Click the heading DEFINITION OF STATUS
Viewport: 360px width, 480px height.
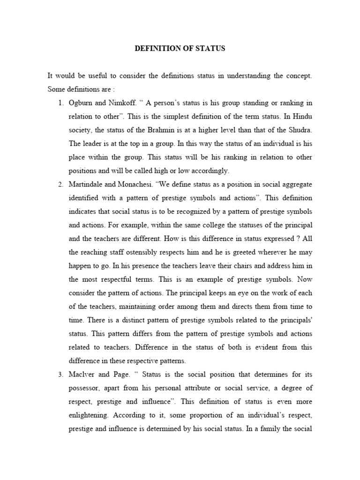tap(180, 48)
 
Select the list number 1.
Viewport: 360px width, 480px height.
tap(61, 103)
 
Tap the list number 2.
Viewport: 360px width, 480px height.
tap(61, 184)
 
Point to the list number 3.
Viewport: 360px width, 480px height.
tap(61, 375)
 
